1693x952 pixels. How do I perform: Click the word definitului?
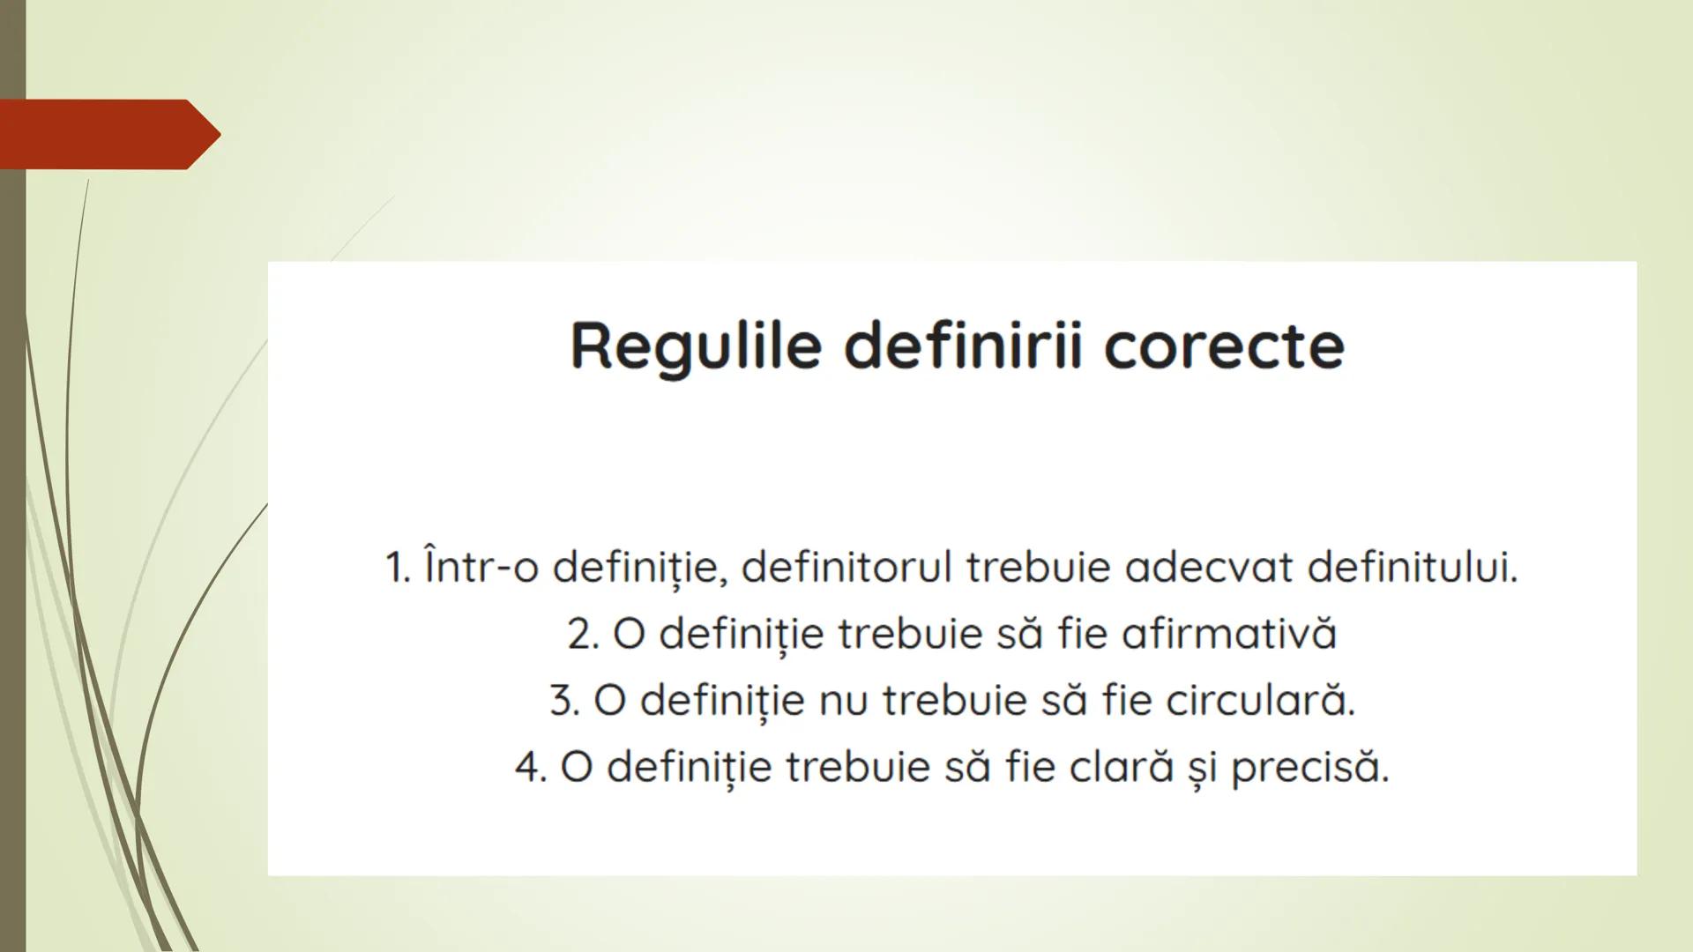1412,567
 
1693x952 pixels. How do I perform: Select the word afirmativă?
1229,634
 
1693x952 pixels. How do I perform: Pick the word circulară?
1260,701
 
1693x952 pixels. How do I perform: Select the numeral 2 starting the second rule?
582,634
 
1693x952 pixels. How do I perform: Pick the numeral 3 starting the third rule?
563,701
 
